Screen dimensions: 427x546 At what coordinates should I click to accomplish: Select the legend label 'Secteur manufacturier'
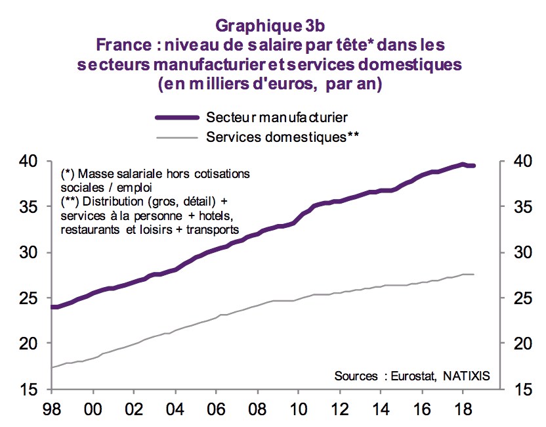point(276,118)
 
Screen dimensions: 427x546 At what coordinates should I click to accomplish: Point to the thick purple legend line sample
point(177,118)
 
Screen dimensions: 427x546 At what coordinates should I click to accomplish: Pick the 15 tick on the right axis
point(511,390)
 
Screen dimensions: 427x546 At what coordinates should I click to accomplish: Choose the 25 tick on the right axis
point(511,299)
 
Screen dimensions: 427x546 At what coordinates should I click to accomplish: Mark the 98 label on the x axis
point(52,407)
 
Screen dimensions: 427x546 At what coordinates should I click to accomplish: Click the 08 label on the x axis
point(257,407)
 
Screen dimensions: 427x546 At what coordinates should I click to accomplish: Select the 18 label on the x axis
point(462,407)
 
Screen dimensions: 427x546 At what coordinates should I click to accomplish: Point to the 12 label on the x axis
point(339,407)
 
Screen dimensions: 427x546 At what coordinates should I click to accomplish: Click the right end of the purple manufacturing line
point(474,166)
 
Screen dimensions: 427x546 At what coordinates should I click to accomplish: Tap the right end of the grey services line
point(474,274)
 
